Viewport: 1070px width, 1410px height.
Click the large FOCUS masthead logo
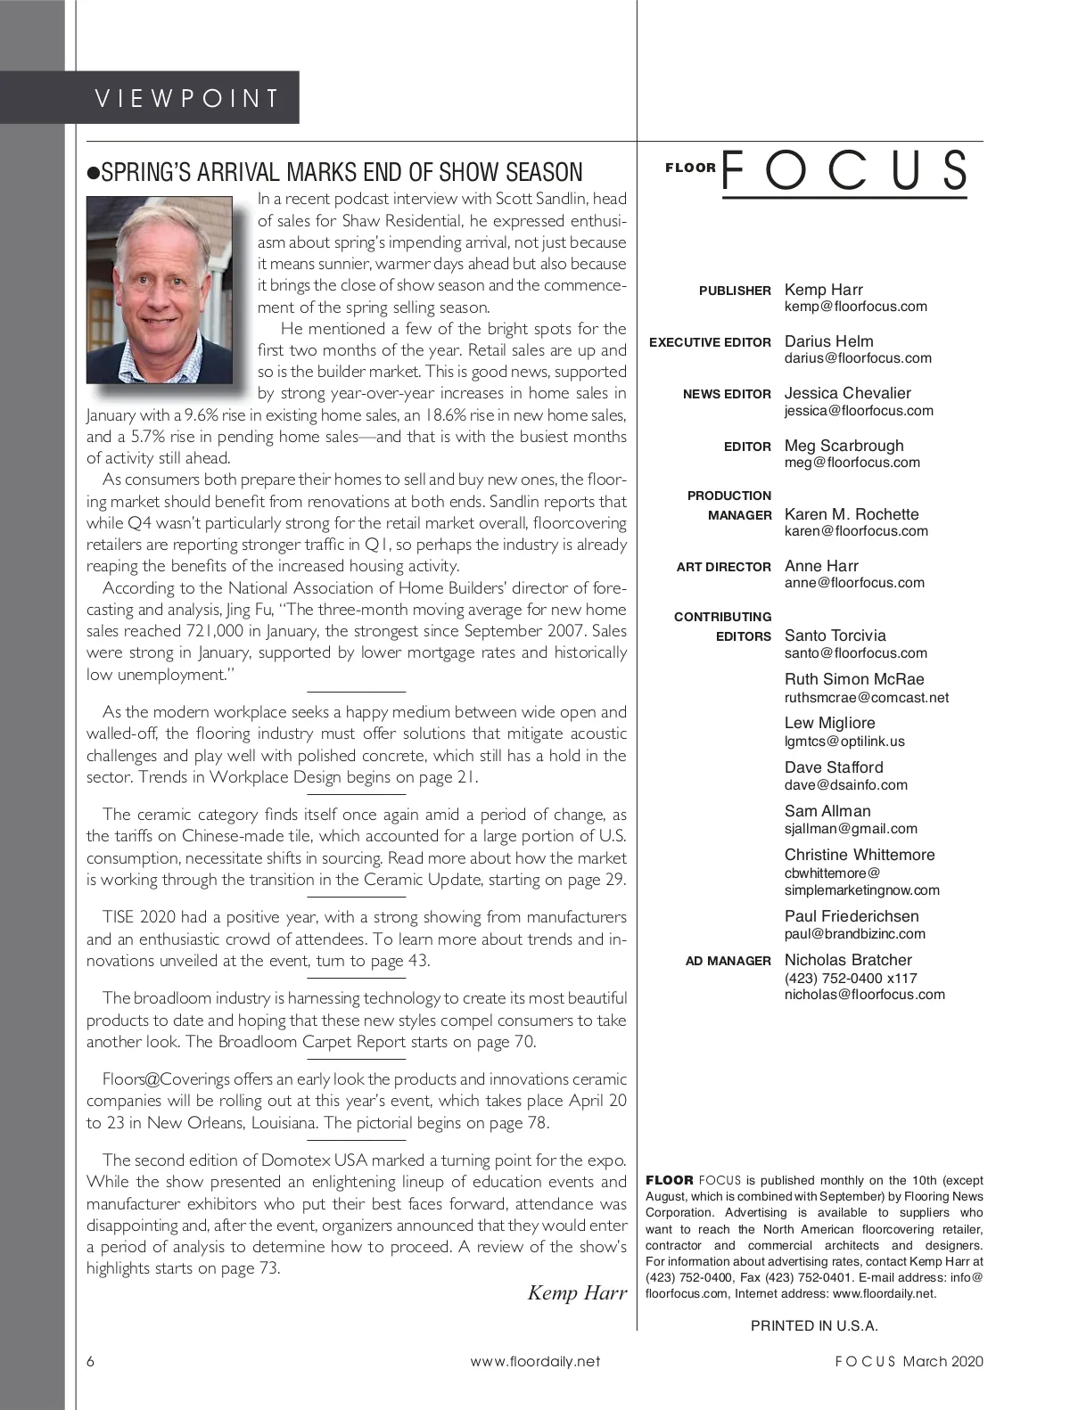point(844,171)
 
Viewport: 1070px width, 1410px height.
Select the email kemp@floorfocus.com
point(855,307)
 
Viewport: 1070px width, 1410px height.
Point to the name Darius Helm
point(828,341)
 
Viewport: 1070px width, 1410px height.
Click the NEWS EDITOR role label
point(727,394)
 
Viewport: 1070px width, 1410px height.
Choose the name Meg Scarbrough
point(844,446)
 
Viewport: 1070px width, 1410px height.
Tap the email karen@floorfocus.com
point(856,531)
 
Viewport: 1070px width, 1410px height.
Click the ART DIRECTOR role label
point(723,567)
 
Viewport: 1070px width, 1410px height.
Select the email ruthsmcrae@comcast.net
point(866,698)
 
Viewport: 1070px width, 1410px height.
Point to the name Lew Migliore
point(829,723)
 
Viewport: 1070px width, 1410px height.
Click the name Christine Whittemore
point(860,855)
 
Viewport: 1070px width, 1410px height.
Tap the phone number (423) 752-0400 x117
point(851,978)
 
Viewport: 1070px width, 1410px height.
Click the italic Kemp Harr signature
point(577,1292)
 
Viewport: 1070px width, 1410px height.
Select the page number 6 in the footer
point(91,1361)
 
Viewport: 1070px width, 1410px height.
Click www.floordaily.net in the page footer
point(535,1361)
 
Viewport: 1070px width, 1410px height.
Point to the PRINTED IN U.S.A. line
point(814,1325)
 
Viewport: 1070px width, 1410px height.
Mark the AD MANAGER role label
point(728,961)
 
